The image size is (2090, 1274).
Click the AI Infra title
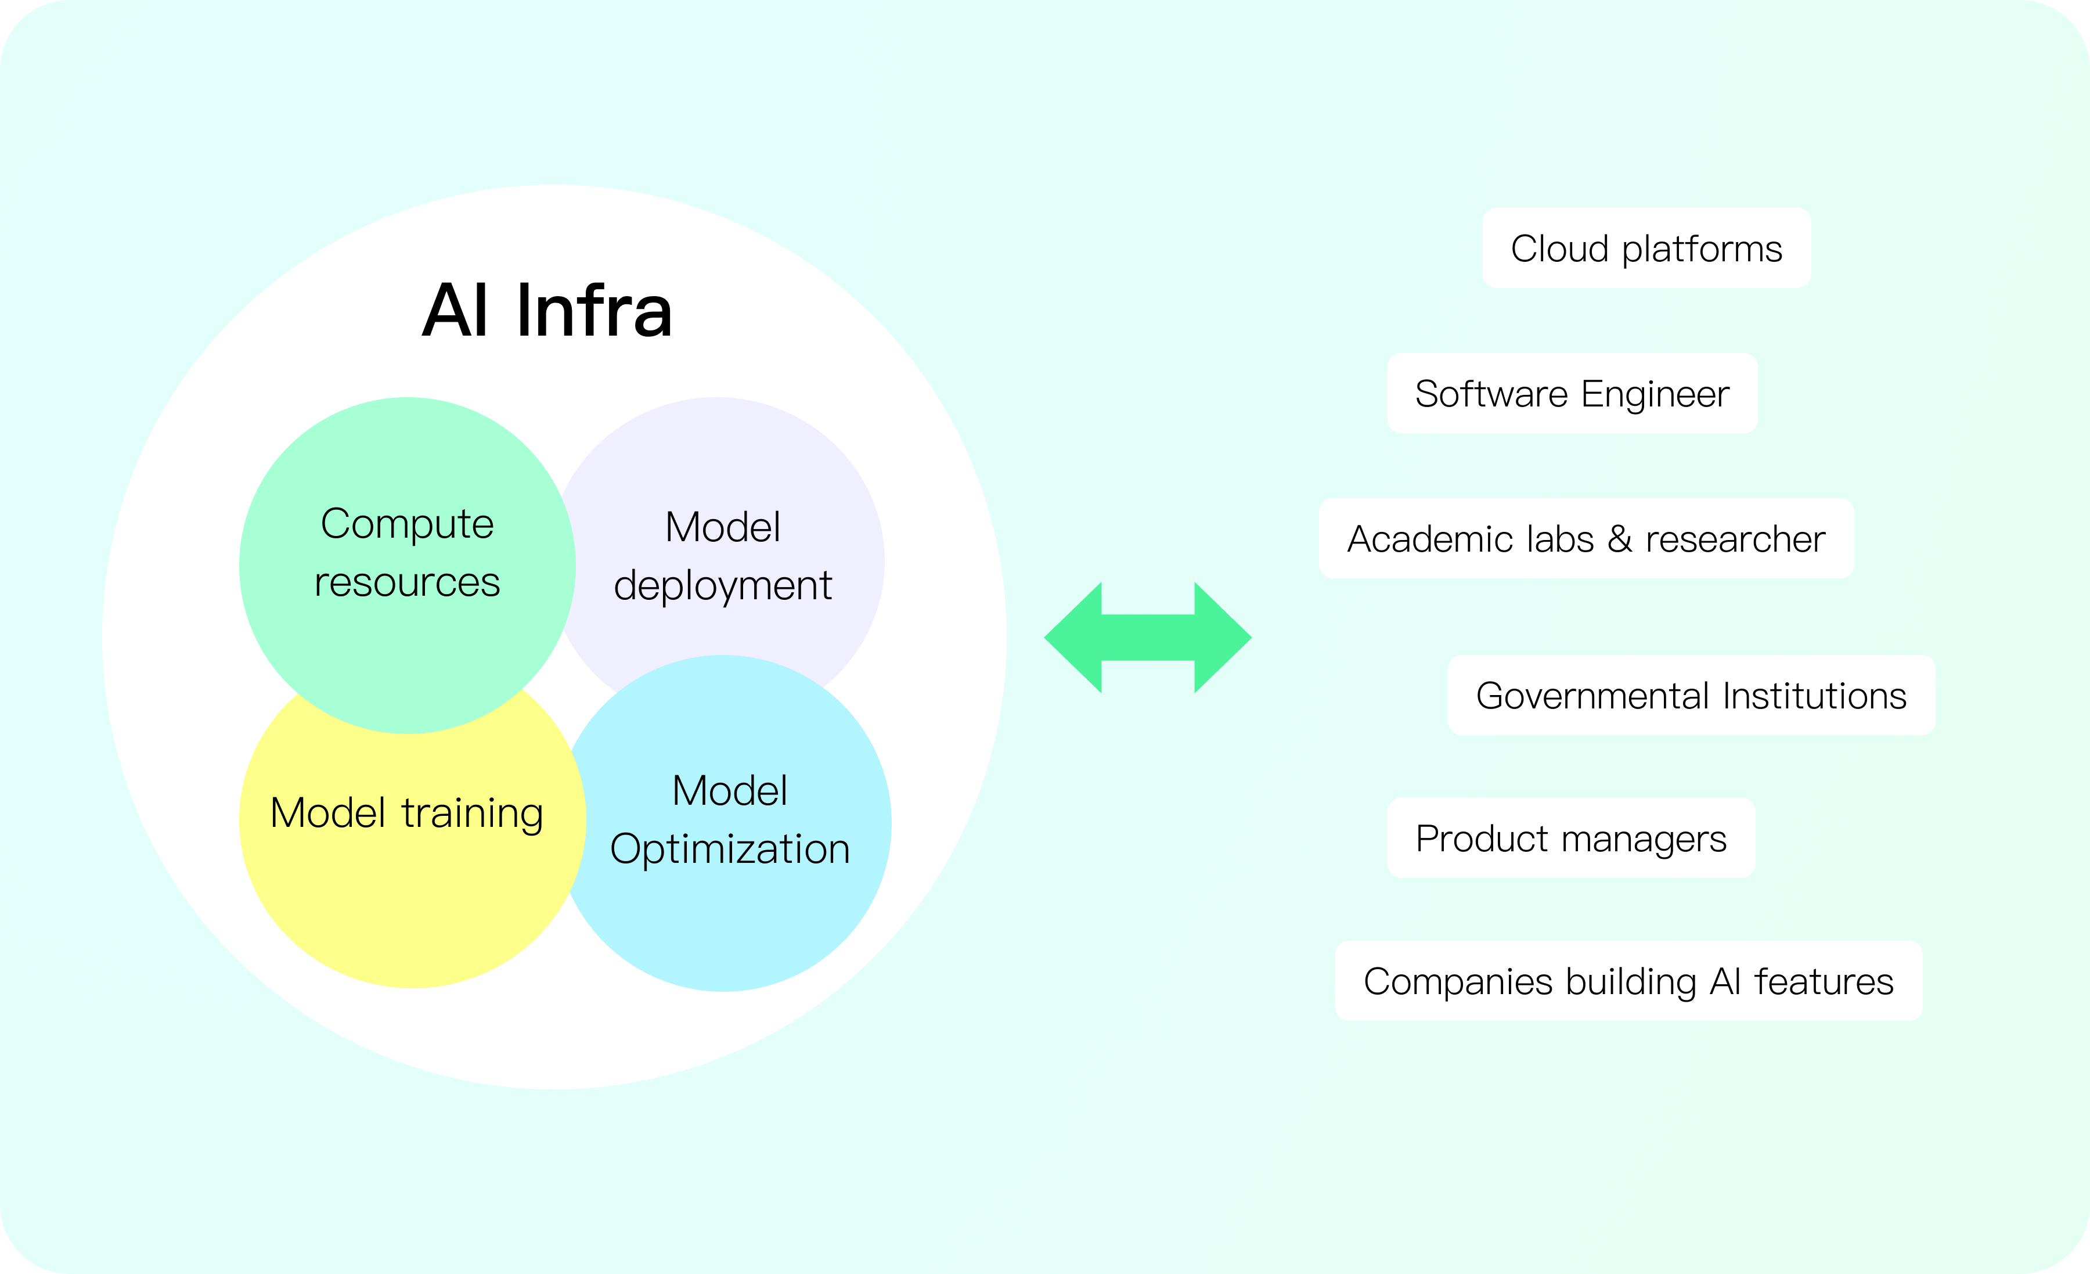tap(547, 311)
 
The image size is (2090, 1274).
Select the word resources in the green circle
tap(407, 582)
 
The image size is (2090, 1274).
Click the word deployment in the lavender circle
tap(723, 586)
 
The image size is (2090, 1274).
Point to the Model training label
tap(406, 812)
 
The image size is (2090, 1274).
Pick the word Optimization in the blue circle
tap(729, 849)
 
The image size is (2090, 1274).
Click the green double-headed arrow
tap(1148, 638)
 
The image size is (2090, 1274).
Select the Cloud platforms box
tap(1646, 249)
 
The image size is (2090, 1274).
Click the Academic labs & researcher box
tap(1586, 539)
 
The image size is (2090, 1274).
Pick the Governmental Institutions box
tap(1691, 696)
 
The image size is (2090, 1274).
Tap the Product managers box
tap(1571, 838)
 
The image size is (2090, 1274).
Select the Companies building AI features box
tap(1628, 981)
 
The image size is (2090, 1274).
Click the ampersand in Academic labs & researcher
tap(1619, 539)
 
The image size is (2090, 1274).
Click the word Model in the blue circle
tap(729, 790)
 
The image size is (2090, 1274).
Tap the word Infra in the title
tap(594, 311)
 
